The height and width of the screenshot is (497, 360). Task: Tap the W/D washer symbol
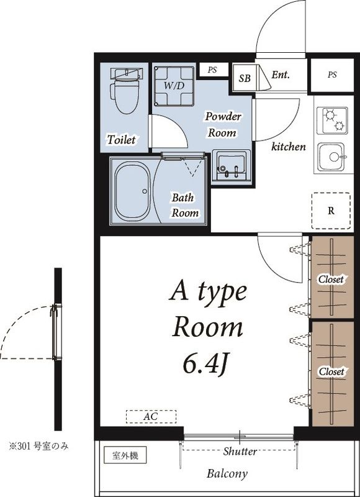[174, 86]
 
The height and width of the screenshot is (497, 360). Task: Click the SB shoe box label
[245, 78]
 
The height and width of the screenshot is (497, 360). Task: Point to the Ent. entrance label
[281, 75]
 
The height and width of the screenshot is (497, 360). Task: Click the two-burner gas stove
[333, 121]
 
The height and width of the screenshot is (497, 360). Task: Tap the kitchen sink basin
[332, 157]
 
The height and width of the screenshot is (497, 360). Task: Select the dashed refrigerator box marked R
[331, 211]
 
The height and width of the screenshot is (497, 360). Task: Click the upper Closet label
[331, 280]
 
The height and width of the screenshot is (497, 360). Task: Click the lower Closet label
[331, 372]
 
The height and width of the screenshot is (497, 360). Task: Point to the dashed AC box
[151, 416]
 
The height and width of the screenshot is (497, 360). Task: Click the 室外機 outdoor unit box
[125, 456]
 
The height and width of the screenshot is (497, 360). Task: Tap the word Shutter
[240, 451]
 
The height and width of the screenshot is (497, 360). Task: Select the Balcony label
[227, 474]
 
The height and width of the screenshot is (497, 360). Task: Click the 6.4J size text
[206, 365]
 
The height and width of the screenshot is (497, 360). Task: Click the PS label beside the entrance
[332, 75]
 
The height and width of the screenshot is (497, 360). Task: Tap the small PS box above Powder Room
[212, 70]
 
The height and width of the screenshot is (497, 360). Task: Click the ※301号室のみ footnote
[38, 447]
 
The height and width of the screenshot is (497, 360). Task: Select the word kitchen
[289, 147]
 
